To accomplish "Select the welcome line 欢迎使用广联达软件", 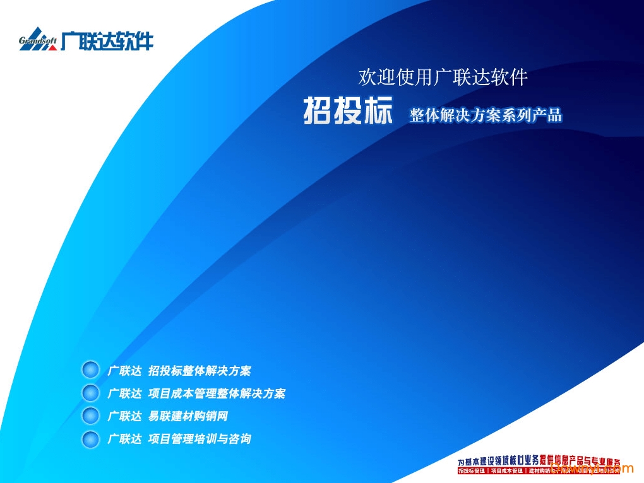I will click(443, 77).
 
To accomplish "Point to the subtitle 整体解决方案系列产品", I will click(486, 115).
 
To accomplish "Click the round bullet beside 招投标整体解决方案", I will click(91, 370).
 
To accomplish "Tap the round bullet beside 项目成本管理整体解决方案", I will click(91, 393).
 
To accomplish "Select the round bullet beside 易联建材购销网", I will click(91, 416).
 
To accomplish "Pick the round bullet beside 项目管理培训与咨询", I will click(91, 438).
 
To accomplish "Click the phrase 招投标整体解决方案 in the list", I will click(199, 371).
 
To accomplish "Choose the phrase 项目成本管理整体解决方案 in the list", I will click(217, 393).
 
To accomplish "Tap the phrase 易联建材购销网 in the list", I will click(188, 416).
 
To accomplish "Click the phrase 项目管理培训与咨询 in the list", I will click(199, 439).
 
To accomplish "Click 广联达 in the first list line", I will click(124, 371).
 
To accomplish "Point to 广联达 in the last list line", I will click(124, 439).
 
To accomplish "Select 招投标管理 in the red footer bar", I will click(472, 471).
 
